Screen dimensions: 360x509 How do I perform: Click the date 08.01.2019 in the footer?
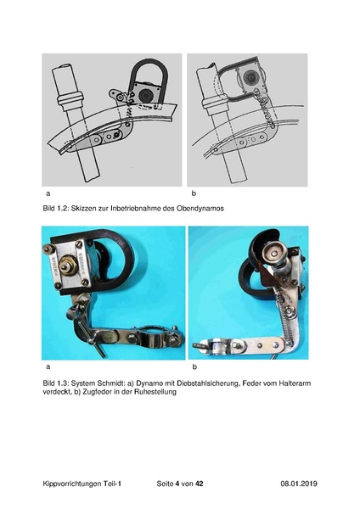299,484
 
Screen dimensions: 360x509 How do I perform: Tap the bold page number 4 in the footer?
177,484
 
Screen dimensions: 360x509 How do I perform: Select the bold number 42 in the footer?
200,484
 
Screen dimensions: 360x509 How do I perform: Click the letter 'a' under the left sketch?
48,193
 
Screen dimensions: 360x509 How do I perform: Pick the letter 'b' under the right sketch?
194,193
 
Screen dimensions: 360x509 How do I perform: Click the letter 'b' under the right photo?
194,367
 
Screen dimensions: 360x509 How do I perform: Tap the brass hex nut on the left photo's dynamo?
68,265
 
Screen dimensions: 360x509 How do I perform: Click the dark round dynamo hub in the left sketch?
144,95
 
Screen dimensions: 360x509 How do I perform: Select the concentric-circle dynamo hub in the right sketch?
250,78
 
